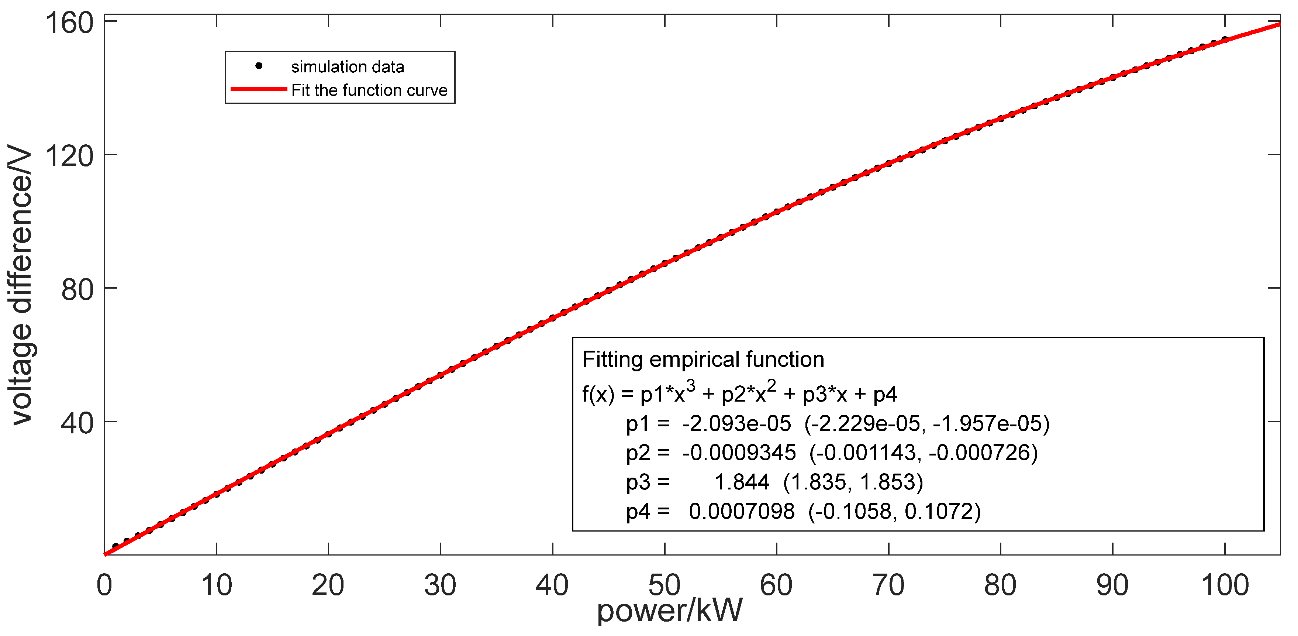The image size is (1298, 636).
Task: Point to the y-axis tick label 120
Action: pyautogui.click(x=70, y=156)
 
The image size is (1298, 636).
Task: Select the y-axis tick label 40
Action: pyautogui.click(x=77, y=423)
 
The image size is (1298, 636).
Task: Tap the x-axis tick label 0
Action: pyautogui.click(x=104, y=585)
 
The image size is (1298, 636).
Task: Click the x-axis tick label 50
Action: pyautogui.click(x=664, y=585)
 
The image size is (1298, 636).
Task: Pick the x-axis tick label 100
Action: pyautogui.click(x=1225, y=585)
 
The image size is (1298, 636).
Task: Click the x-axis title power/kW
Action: pyautogui.click(x=670, y=611)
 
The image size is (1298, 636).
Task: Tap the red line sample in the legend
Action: pyautogui.click(x=259, y=89)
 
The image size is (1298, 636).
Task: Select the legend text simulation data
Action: pyautogui.click(x=348, y=66)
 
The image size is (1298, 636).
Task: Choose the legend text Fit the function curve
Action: pyautogui.click(x=369, y=90)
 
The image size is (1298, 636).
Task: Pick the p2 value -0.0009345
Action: pyautogui.click(x=739, y=453)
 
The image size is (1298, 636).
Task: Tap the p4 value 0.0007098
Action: pyautogui.click(x=742, y=512)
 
